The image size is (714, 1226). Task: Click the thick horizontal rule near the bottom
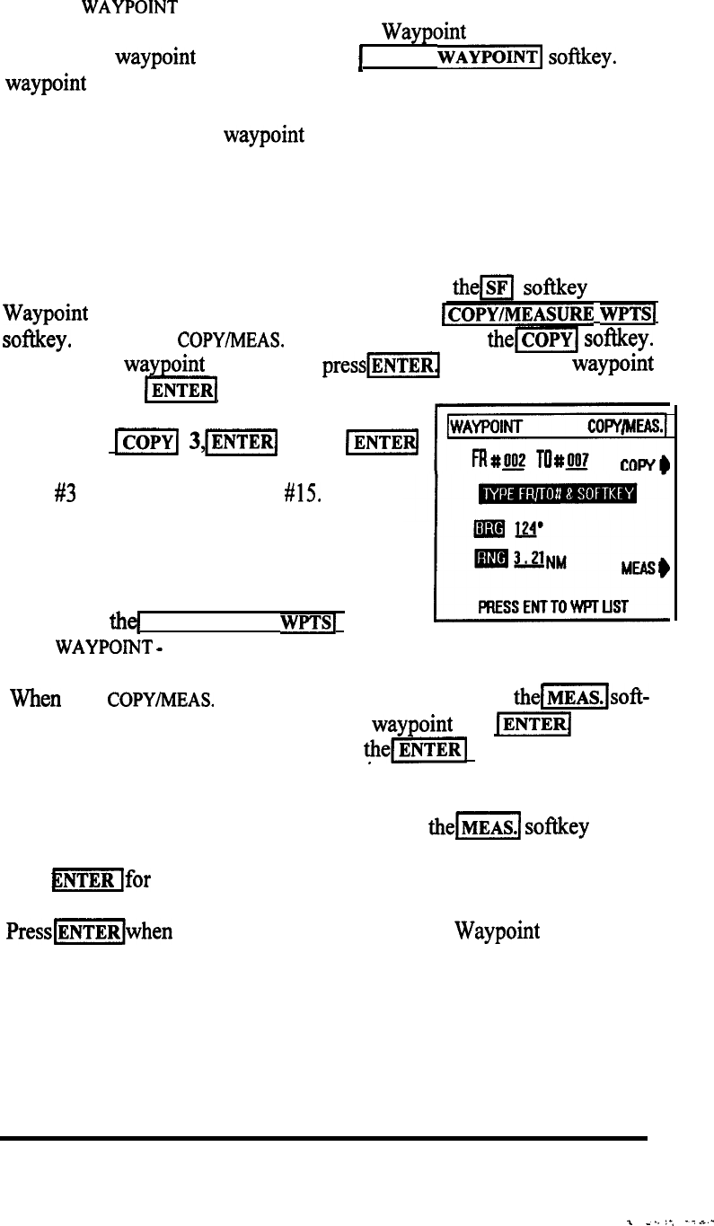323,1138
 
